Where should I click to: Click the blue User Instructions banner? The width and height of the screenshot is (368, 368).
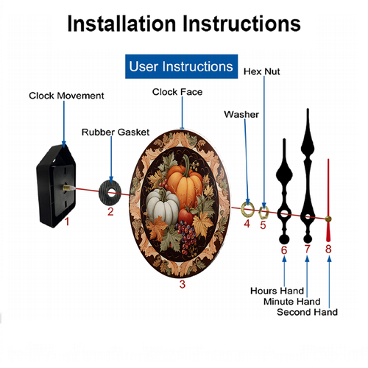(181, 66)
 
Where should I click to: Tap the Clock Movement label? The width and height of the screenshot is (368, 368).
(66, 96)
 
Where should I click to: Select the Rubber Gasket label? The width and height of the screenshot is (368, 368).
(116, 132)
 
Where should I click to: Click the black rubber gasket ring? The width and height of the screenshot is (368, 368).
(110, 193)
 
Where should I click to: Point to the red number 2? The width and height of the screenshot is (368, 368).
(110, 211)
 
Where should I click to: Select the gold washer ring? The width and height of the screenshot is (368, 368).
(248, 210)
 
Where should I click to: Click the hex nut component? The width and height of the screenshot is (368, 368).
(263, 212)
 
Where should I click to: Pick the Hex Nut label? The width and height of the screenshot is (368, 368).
(261, 71)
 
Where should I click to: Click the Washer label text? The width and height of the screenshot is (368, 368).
(241, 115)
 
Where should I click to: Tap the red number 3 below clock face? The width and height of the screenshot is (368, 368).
(183, 284)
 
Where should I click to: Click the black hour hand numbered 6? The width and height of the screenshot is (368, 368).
(284, 186)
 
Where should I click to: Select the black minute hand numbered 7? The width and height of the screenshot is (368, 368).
(308, 171)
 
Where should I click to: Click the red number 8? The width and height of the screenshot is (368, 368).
(328, 249)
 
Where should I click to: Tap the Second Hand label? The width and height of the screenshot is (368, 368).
(307, 312)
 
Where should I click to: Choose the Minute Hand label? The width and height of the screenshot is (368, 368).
(292, 302)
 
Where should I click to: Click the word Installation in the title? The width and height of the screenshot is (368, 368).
(122, 24)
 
